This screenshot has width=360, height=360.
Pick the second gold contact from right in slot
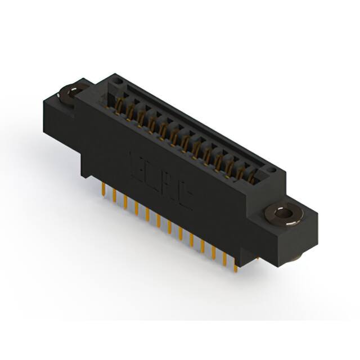241,172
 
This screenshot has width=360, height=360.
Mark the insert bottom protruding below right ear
296,257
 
